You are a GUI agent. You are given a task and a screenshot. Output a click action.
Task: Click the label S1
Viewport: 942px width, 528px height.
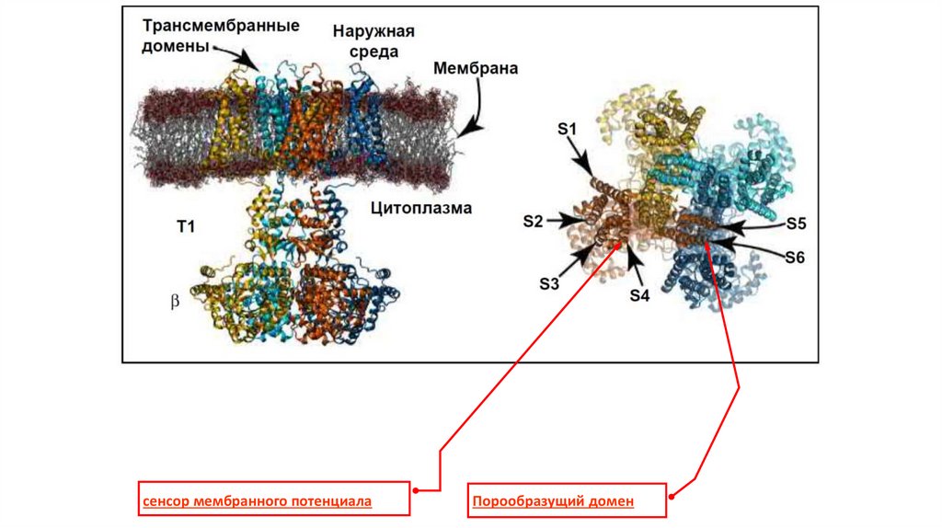click(x=567, y=130)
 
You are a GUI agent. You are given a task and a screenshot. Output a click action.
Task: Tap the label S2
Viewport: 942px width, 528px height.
click(x=534, y=221)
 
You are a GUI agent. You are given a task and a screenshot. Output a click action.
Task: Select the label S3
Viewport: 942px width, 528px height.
click(x=549, y=283)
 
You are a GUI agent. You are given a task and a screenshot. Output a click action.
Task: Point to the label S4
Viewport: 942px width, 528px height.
click(x=640, y=295)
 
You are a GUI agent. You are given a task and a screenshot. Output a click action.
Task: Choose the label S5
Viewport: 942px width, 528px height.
click(x=796, y=223)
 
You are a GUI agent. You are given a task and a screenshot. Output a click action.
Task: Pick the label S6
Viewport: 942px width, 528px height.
click(x=795, y=258)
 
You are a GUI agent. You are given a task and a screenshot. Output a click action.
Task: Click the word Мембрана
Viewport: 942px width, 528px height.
click(x=476, y=69)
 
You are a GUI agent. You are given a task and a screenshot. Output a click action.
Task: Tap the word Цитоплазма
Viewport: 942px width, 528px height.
click(x=421, y=208)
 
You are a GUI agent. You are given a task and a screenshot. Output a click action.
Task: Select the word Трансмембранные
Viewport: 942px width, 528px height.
click(x=221, y=26)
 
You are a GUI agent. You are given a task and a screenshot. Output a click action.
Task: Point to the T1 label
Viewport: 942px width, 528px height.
click(x=185, y=224)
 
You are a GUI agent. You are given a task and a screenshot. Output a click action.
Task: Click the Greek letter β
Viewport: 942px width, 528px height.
click(x=174, y=300)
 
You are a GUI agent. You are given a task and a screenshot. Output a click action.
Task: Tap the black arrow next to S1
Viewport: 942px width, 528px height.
click(x=585, y=158)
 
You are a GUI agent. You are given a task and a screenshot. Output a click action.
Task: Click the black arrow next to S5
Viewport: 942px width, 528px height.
click(x=750, y=225)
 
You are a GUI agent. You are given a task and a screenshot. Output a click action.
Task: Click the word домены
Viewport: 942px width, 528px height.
click(x=175, y=47)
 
